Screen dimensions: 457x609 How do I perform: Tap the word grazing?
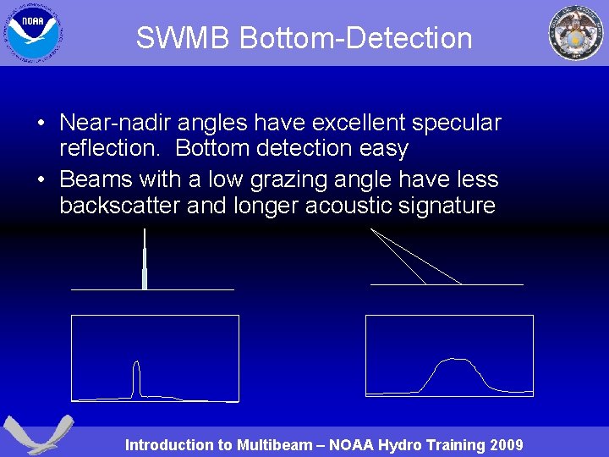291,179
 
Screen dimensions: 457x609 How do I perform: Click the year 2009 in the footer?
506,445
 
